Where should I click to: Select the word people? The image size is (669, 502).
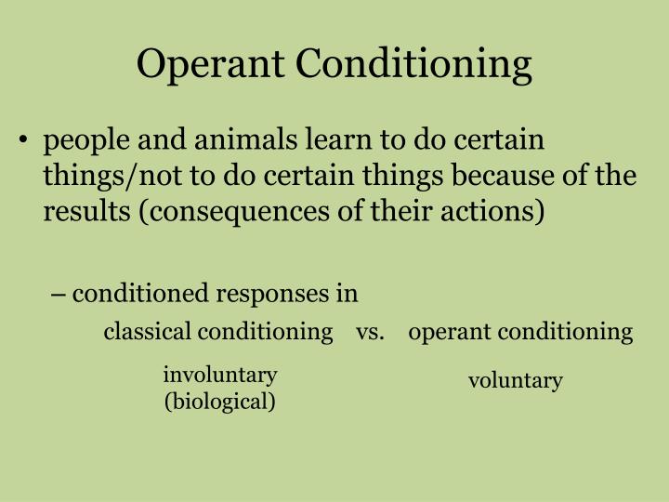click(89, 140)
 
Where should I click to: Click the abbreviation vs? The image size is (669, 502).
click(370, 331)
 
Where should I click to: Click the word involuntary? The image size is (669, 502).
click(220, 375)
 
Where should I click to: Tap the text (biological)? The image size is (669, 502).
click(220, 402)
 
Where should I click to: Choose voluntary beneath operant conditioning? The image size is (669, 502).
click(516, 380)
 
